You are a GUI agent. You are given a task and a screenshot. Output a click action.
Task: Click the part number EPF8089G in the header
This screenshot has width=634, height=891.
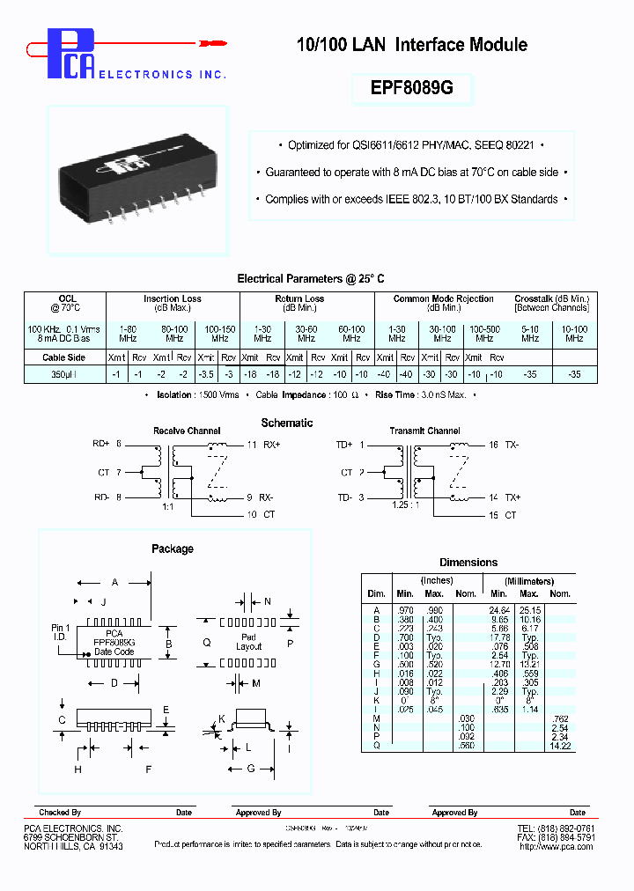[412, 88]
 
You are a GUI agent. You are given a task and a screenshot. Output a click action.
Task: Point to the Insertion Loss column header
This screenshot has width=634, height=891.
[173, 299]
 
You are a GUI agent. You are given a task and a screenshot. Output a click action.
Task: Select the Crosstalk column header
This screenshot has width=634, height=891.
[551, 299]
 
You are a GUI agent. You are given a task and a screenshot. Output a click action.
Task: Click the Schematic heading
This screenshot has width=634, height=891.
[286, 423]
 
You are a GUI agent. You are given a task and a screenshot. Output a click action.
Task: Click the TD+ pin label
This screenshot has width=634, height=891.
[343, 445]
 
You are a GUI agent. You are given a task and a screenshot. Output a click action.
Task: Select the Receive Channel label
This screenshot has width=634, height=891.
[187, 431]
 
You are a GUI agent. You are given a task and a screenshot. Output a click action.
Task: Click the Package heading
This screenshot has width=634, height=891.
[173, 549]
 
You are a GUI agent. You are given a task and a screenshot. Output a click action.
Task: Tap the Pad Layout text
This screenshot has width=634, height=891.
[248, 642]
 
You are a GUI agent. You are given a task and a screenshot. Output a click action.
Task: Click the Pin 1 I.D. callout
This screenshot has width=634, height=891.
[59, 632]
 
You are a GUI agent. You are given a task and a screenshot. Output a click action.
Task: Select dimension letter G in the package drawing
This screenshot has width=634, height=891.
[250, 769]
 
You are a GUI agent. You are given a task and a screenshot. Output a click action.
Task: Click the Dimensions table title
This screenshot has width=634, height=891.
[468, 563]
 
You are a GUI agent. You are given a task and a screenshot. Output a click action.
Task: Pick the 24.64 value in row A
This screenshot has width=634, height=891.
[500, 609]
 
